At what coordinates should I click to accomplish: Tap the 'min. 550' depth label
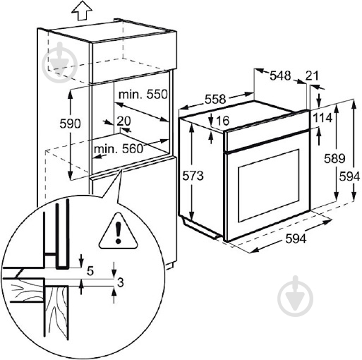[144, 93]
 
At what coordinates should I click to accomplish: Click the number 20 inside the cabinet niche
[124, 121]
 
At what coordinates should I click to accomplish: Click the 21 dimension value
[313, 75]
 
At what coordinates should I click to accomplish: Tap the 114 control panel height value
[324, 117]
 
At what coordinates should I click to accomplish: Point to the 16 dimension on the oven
[222, 121]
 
